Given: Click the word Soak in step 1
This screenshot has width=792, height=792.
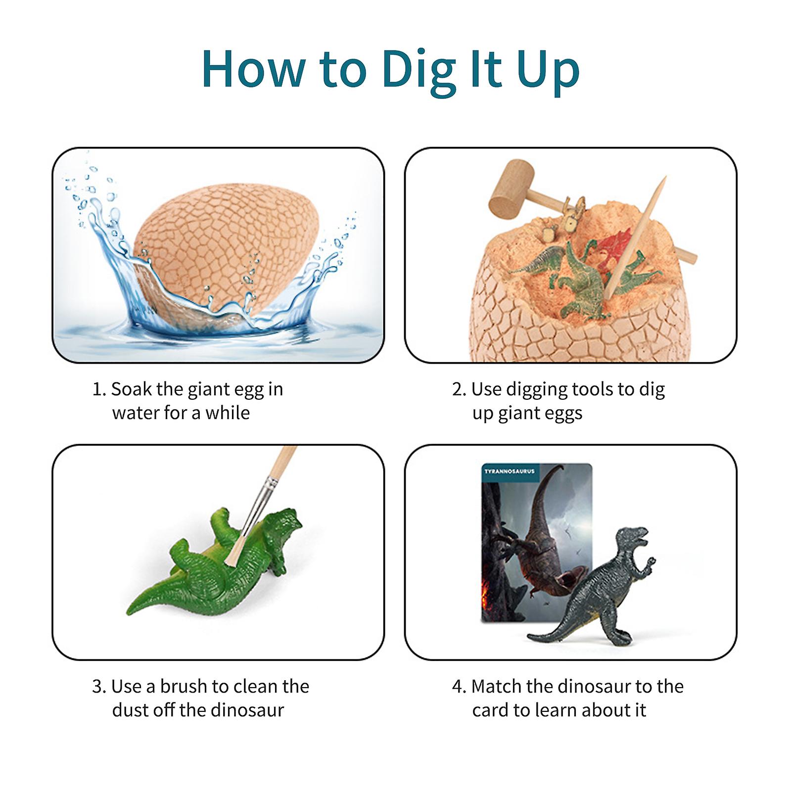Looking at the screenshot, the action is pos(132,389).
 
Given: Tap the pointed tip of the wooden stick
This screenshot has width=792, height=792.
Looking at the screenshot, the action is pos(666,177).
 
